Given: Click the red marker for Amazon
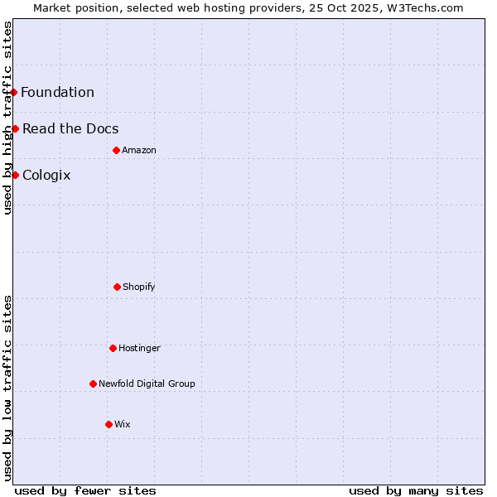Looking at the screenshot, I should (116, 150).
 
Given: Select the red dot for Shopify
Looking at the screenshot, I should (117, 287).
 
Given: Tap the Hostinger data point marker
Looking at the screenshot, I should (113, 348).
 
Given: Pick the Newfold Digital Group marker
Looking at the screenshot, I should (93, 384).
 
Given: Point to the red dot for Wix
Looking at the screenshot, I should (109, 424).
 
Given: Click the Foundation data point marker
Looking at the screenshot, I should (14, 92).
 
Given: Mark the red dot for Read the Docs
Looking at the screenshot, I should (15, 128).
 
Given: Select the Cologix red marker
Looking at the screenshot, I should (15, 175).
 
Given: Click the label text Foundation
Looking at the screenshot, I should (57, 92).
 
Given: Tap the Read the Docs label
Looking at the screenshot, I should (70, 128).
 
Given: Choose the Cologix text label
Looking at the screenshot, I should (46, 175).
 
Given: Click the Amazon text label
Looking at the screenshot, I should (139, 150).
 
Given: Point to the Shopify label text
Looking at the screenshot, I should (139, 287).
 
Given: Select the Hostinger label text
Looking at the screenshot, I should (139, 348).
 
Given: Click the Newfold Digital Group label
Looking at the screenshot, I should (147, 384).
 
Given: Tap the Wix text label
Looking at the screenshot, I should (122, 424).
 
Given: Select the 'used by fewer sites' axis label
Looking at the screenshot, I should (85, 490).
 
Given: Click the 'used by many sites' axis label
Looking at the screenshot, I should (416, 490).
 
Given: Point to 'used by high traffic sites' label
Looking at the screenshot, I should (7, 118).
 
